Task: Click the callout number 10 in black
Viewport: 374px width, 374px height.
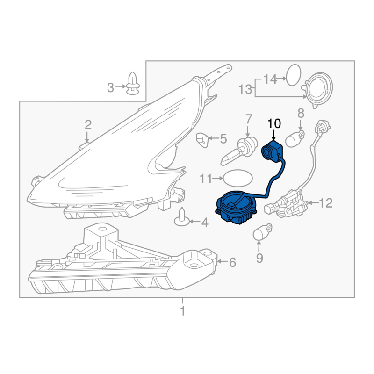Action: tap(274, 123)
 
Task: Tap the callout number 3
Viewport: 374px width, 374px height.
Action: tap(110, 87)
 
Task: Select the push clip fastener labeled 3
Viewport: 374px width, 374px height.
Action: tap(133, 83)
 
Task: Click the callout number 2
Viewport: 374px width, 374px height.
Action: tap(88, 125)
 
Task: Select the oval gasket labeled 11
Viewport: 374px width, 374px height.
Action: tap(237, 178)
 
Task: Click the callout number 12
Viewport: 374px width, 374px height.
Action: tap(325, 203)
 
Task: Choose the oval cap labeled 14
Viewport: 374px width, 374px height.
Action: tap(293, 75)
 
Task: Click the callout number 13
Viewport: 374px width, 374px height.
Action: tap(245, 89)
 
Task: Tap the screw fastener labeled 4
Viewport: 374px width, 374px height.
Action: tap(182, 217)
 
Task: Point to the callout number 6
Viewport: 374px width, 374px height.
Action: tap(232, 262)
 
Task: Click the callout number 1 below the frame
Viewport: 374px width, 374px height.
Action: tap(183, 311)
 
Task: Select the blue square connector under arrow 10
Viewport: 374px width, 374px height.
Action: tap(272, 151)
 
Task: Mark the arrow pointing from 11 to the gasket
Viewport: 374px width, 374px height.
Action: tap(217, 178)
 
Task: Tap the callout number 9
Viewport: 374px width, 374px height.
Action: tap(259, 258)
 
